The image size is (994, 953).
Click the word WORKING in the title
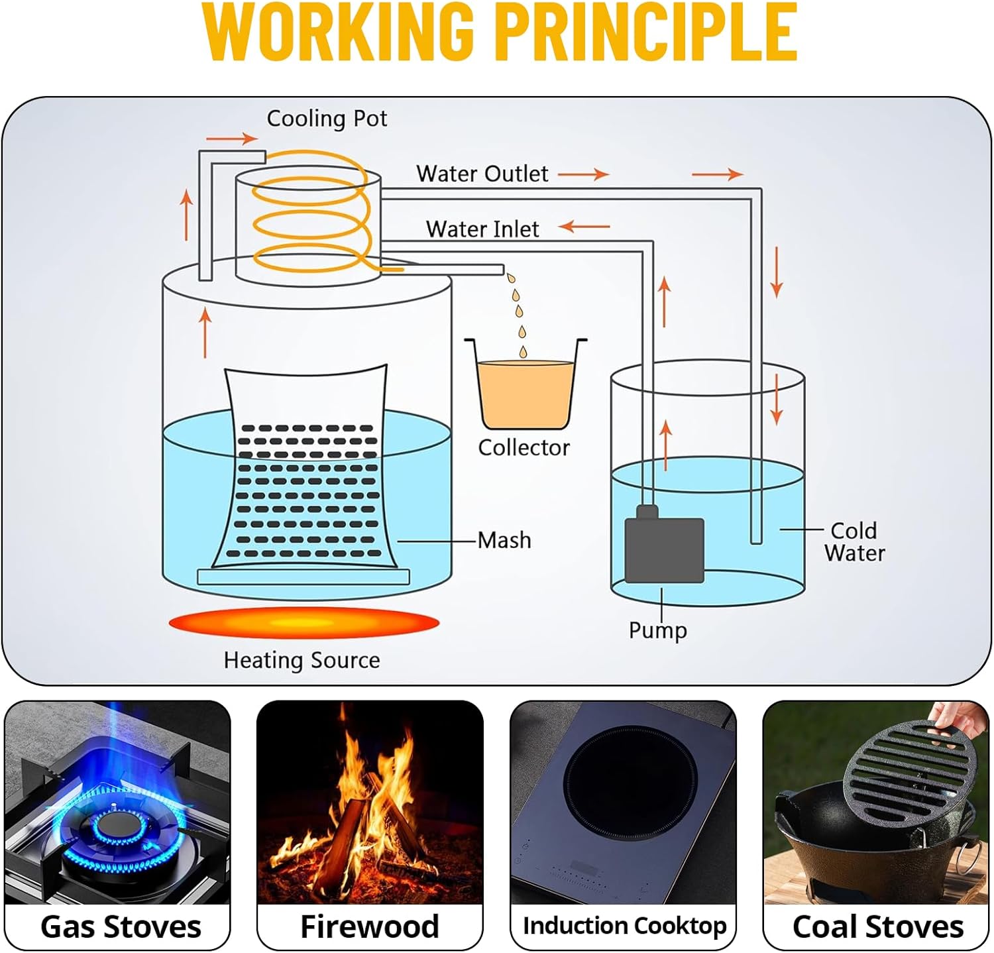point(338,32)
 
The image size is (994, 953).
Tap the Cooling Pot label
point(327,119)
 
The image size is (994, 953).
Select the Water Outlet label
point(482,174)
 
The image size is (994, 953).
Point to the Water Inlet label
point(482,229)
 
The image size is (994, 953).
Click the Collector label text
point(524,448)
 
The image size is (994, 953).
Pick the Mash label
point(504,540)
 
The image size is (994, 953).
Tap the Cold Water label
point(854,541)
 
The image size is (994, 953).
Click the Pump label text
point(657,630)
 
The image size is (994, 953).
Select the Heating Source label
point(302,660)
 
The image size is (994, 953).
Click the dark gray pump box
point(664,550)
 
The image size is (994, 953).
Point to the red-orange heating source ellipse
point(304,623)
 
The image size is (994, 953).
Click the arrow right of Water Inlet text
point(584,227)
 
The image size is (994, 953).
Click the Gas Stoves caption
point(121,926)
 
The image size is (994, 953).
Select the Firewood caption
point(369,926)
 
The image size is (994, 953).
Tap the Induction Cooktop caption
point(624,926)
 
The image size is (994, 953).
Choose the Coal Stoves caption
point(877,926)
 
